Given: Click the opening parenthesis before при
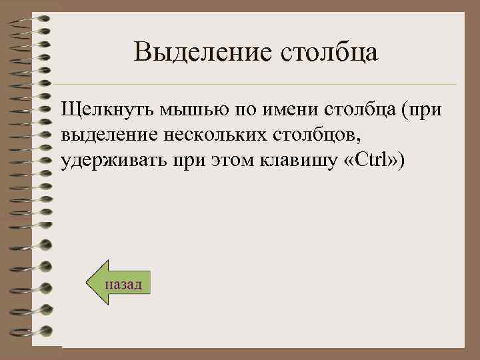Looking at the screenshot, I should point(402,109).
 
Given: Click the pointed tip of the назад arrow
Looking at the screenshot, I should point(90,283).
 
